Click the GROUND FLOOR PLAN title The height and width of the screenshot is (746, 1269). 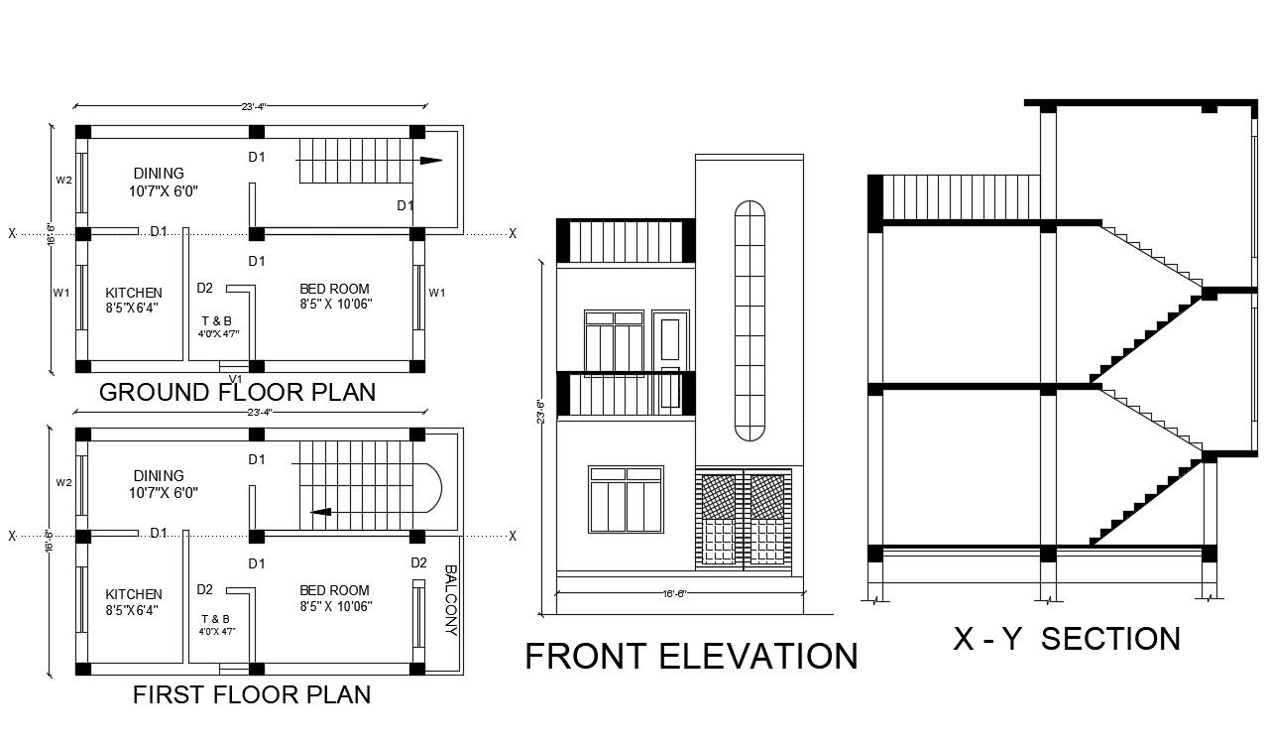tap(237, 392)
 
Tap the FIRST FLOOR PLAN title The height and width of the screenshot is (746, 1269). tap(252, 694)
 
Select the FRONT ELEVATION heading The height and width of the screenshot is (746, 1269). tap(691, 657)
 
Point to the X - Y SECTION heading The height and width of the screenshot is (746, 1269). tap(1067, 639)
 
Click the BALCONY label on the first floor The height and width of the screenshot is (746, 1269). tap(450, 600)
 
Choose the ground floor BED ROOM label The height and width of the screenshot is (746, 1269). tap(335, 289)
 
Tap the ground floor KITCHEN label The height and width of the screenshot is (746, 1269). tap(134, 293)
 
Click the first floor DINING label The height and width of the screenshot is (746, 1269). tap(159, 476)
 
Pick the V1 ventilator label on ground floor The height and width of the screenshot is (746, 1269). tap(236, 379)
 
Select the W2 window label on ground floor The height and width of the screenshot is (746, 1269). tap(63, 181)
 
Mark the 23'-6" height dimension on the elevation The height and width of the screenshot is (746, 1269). tap(540, 412)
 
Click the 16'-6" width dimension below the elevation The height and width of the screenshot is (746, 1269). tap(675, 594)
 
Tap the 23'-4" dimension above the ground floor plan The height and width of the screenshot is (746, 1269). tap(254, 107)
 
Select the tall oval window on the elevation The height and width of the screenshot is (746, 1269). tap(750, 321)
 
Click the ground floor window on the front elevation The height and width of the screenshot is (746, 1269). tap(626, 499)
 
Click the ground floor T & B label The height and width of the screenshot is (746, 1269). tap(216, 320)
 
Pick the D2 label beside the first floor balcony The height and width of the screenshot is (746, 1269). tap(419, 563)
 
